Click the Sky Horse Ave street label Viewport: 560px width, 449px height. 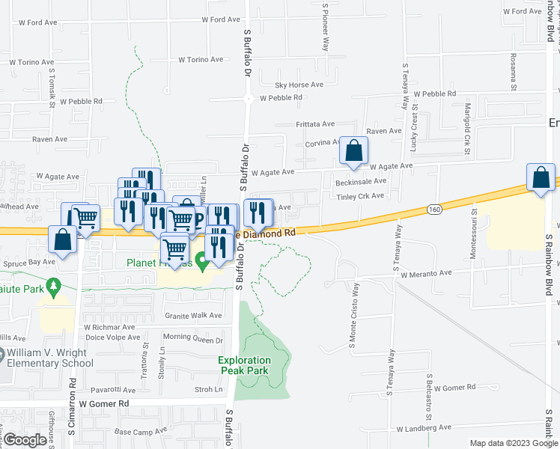point(299,85)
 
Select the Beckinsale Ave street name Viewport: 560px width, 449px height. point(361,181)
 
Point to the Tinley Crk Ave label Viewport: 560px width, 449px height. point(360,196)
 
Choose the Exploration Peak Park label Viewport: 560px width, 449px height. point(243,365)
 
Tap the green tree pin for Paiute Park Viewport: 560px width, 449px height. point(52,287)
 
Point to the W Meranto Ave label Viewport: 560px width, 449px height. point(426,275)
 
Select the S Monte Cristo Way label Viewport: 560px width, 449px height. point(353,314)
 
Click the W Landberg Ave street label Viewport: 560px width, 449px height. point(424,427)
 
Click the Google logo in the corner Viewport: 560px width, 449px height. point(25,440)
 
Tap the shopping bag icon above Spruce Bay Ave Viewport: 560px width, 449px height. point(63,239)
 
